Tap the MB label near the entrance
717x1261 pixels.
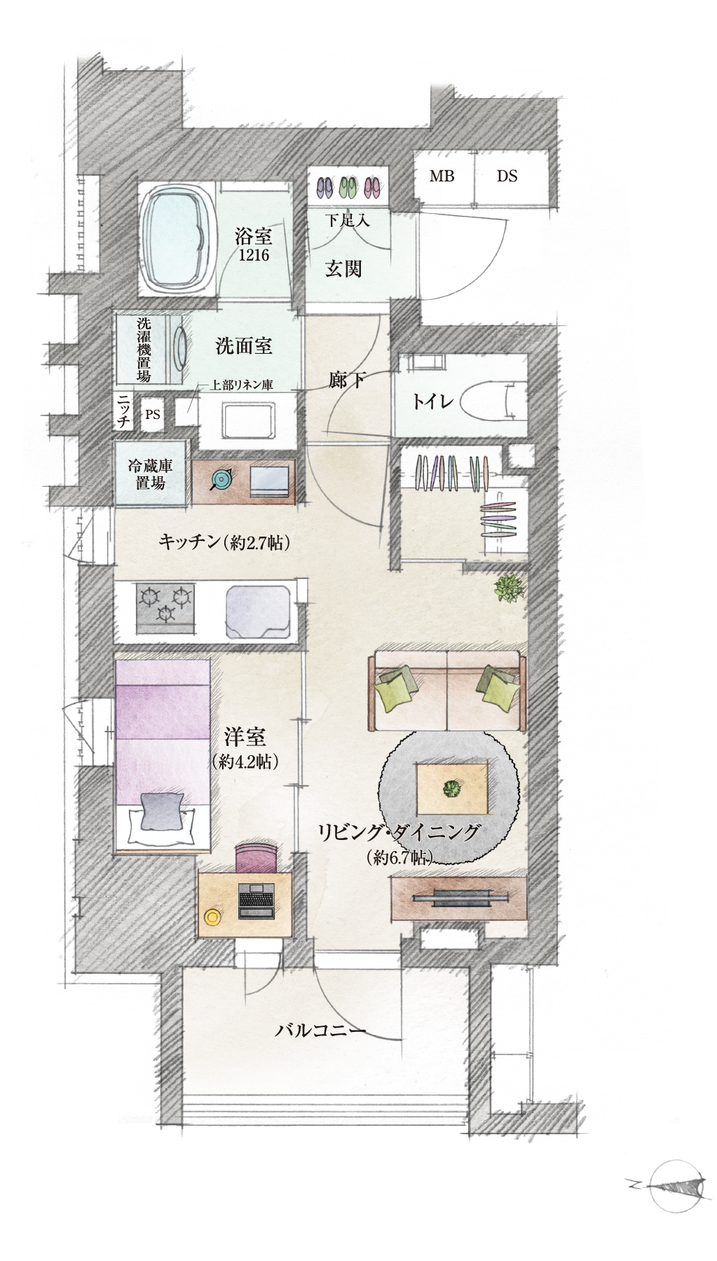(442, 176)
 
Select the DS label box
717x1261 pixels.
(507, 176)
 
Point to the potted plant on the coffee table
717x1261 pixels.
(451, 789)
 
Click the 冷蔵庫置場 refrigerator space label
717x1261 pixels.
(150, 474)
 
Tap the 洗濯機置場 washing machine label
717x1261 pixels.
(144, 350)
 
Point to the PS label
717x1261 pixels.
(153, 414)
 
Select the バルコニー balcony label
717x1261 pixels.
(320, 1031)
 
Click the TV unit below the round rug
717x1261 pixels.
(459, 899)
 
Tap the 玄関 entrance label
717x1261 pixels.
(343, 269)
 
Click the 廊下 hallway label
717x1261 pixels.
(347, 380)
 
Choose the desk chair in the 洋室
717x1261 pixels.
(257, 858)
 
